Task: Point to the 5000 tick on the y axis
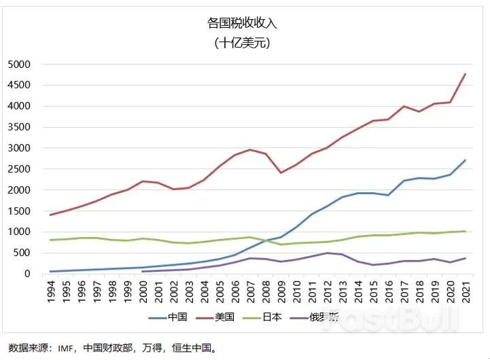[x=19, y=65]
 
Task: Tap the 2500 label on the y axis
[x=19, y=169]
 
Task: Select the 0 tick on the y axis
[x=28, y=274]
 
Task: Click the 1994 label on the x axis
[x=50, y=294]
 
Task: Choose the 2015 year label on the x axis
[x=372, y=294]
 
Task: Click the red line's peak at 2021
[x=465, y=74]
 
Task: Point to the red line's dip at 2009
[x=281, y=173]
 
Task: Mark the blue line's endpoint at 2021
[x=465, y=160]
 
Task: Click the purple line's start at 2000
[x=143, y=271]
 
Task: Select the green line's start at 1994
[x=50, y=240]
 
